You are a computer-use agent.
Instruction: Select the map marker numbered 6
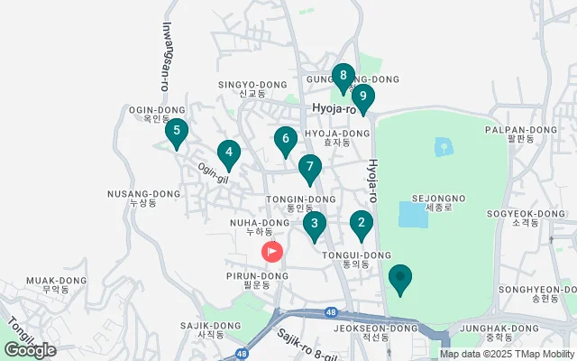(285, 141)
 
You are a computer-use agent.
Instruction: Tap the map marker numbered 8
(343, 78)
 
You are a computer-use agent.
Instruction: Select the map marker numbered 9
(362, 97)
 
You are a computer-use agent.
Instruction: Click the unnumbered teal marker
(400, 278)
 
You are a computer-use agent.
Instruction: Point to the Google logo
(30, 349)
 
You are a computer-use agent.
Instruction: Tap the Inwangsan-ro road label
(167, 57)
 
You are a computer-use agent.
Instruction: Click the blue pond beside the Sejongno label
(413, 215)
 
